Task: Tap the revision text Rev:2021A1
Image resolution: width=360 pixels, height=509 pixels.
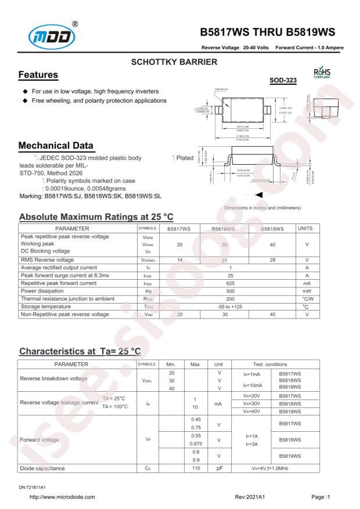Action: [x=250, y=496]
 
